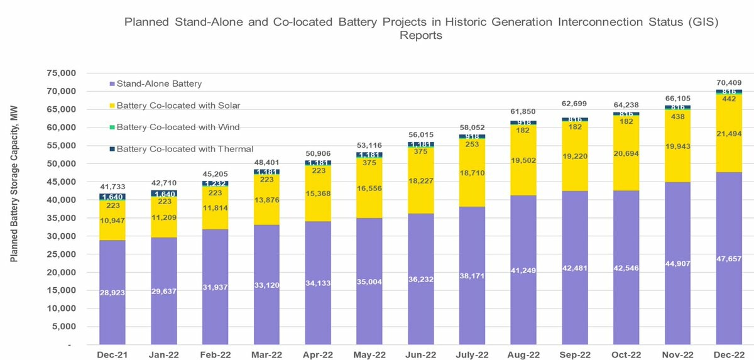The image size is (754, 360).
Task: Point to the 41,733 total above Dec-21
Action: coord(112,187)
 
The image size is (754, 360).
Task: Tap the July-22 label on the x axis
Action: coord(473,355)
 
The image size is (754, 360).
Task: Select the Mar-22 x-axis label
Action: coord(266,355)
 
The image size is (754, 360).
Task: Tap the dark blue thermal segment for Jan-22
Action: coord(164,194)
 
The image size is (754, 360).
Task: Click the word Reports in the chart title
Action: coord(422,35)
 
